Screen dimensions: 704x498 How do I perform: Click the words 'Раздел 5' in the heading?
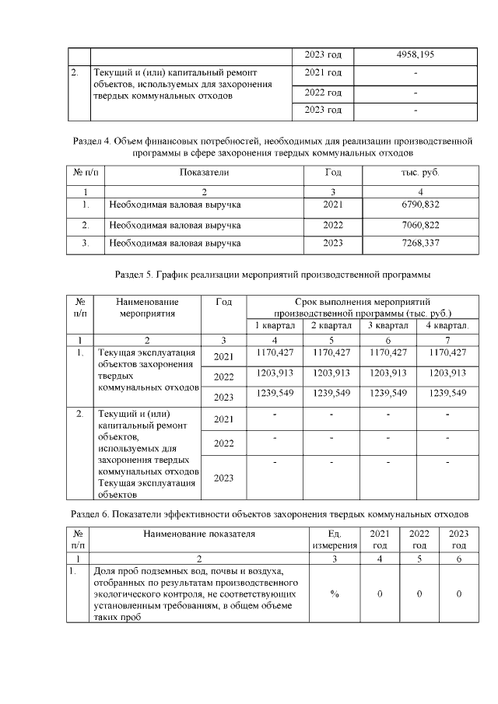133,275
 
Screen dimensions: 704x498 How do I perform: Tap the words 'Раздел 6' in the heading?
89,514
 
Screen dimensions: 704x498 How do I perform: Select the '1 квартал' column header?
275,325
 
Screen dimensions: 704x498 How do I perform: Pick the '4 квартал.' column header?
447,325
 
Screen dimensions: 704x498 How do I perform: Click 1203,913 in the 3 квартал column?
388,373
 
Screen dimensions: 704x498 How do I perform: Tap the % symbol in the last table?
334,594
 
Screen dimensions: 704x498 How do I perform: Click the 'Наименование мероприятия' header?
146,307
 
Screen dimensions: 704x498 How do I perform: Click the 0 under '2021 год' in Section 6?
380,594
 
